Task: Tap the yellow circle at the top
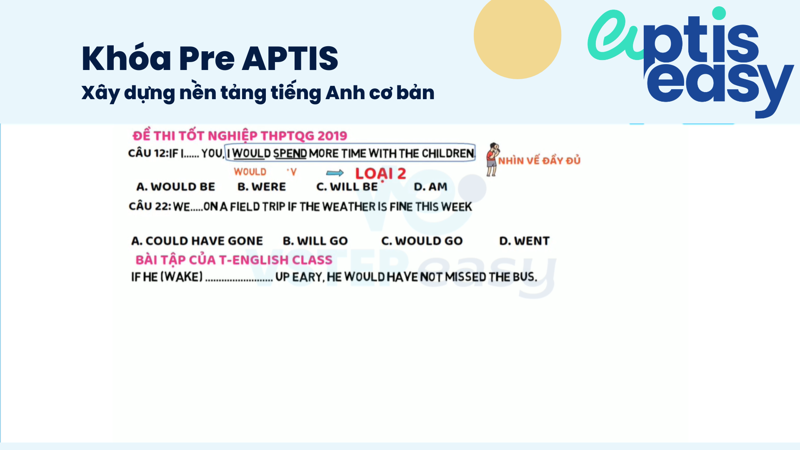click(517, 37)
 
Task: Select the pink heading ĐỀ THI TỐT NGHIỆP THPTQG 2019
click(240, 135)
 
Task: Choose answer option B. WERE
click(262, 187)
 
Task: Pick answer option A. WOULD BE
click(175, 187)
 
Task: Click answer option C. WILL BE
click(347, 187)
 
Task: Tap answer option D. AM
click(430, 187)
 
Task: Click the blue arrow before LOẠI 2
click(335, 173)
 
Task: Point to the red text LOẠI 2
click(380, 174)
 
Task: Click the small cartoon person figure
click(492, 159)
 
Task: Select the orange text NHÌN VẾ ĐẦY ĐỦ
click(539, 160)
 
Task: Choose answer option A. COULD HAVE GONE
click(197, 241)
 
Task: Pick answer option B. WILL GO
click(315, 241)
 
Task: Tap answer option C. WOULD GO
click(422, 241)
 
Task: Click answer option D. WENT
click(525, 241)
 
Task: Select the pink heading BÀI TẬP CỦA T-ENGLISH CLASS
click(234, 260)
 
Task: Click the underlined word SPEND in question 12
click(290, 154)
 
